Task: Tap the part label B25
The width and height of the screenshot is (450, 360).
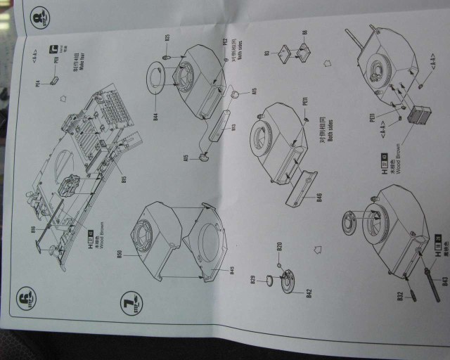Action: tap(167, 37)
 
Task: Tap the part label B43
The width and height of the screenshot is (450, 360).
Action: tap(444, 283)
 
